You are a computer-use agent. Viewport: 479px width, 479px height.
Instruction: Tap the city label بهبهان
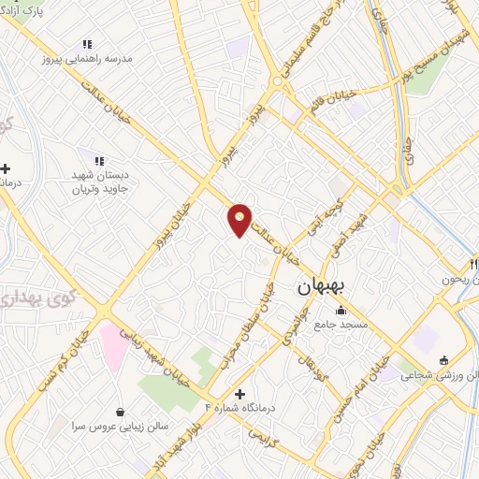322,287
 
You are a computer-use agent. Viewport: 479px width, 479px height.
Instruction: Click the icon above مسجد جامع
341,311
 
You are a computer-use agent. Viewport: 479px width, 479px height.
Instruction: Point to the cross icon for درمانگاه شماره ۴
239,394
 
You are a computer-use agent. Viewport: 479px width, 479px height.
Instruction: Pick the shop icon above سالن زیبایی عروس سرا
120,412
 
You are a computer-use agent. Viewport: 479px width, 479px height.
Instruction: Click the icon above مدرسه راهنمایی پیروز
87,44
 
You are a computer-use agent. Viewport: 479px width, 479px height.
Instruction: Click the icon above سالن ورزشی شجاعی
443,361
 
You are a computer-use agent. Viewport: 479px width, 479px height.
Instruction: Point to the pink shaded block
115,343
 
